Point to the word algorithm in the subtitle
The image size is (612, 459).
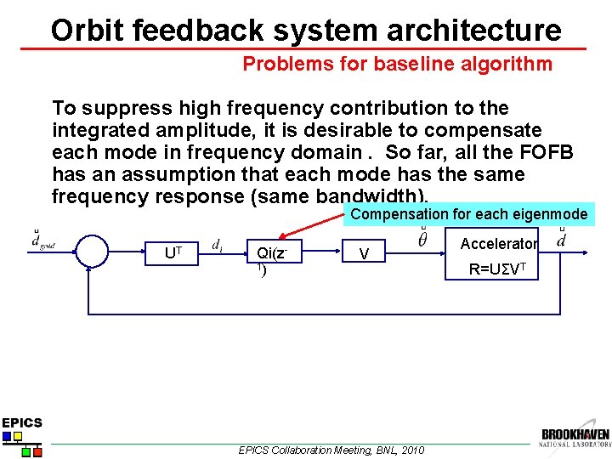tap(507, 64)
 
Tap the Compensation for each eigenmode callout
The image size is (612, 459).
tap(468, 214)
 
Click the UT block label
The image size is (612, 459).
tap(173, 252)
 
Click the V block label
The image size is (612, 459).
tap(364, 254)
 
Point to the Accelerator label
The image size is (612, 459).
tap(498, 244)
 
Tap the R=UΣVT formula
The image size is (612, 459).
tap(499, 271)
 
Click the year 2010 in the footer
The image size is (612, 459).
tap(411, 450)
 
